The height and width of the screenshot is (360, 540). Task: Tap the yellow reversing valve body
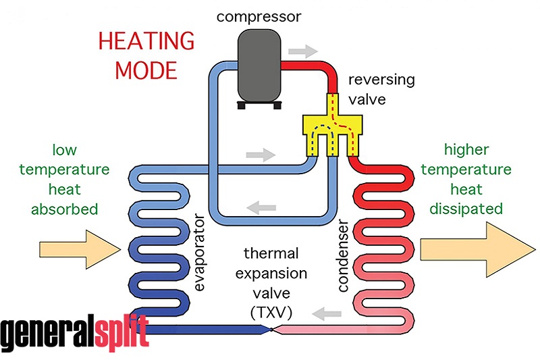(334, 124)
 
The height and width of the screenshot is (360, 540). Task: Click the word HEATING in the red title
(146, 42)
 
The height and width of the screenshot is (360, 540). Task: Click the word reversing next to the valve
(381, 80)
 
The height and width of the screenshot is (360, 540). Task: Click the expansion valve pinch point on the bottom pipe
(271, 330)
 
